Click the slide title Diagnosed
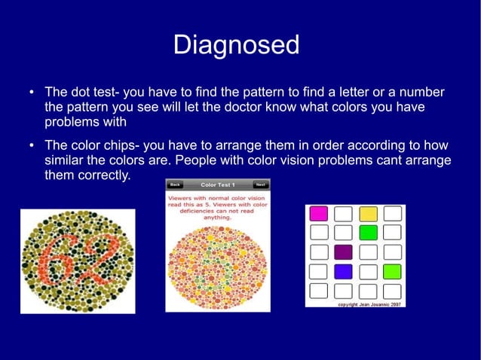(236, 45)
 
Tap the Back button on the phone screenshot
(175, 185)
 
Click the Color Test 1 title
(217, 185)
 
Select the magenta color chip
(319, 213)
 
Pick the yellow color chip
(368, 213)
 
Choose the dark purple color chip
(343, 252)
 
